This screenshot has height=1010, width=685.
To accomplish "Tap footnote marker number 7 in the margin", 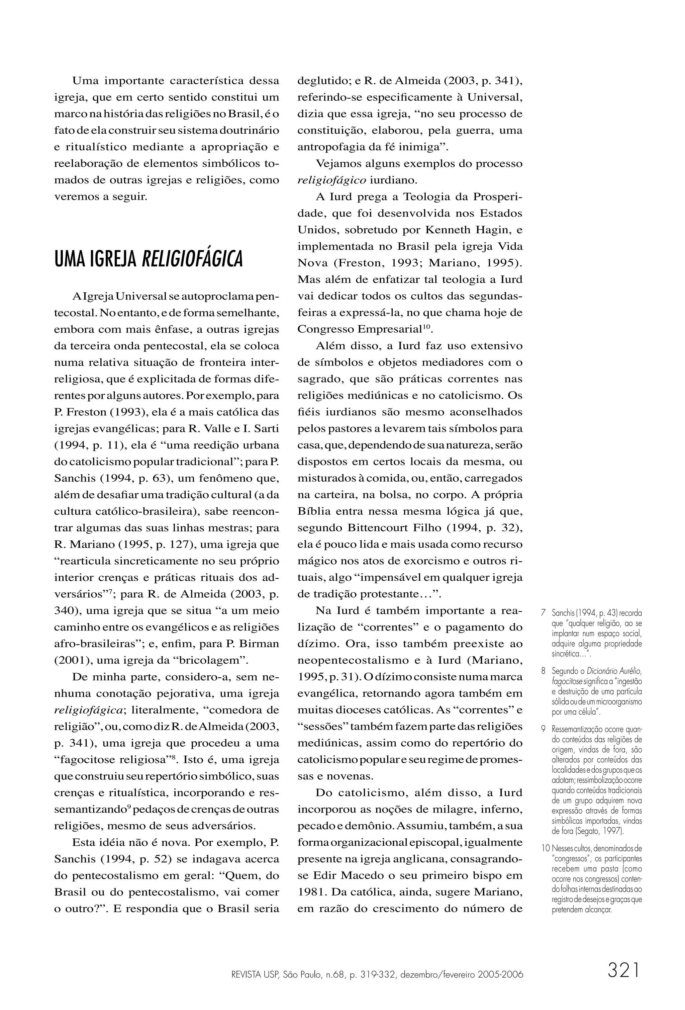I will click(544, 614).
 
